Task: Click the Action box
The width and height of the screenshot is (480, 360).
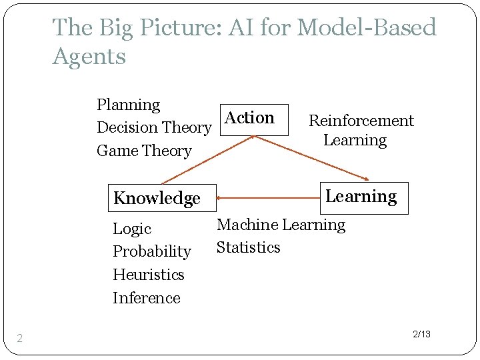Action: click(253, 119)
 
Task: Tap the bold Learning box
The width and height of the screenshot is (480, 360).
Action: click(363, 197)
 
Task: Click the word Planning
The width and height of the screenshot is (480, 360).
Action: click(129, 105)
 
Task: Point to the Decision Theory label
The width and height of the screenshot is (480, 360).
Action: click(154, 127)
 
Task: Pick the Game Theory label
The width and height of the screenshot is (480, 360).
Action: click(144, 151)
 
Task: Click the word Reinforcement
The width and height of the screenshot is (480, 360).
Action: click(361, 121)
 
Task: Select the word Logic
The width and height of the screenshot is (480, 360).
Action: click(132, 229)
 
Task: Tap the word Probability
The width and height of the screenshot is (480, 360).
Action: click(152, 251)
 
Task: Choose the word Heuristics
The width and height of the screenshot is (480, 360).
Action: click(149, 275)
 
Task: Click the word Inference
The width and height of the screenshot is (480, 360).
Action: click(147, 298)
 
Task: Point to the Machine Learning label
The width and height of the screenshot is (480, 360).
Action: click(281, 225)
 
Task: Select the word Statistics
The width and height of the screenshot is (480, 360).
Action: click(249, 247)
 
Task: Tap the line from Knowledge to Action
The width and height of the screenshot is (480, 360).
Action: click(207, 160)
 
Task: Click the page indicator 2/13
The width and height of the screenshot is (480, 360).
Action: click(421, 333)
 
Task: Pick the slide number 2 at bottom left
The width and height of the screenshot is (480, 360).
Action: click(20, 339)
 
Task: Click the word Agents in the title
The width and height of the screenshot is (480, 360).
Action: click(89, 56)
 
